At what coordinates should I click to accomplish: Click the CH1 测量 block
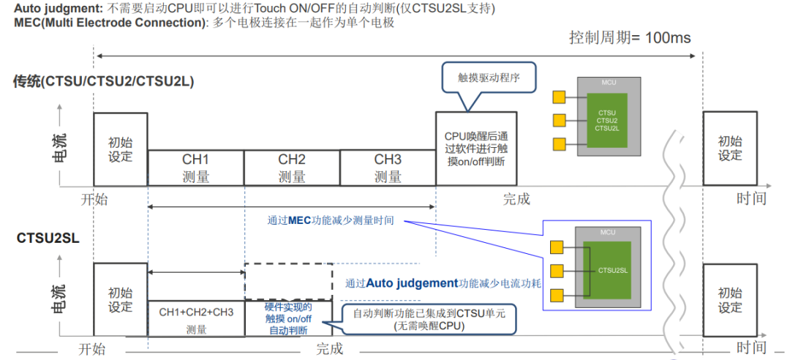(195, 168)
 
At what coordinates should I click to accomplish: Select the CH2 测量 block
(292, 168)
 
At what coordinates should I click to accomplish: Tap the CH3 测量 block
(388, 168)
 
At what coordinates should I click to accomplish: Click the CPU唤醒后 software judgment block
(476, 149)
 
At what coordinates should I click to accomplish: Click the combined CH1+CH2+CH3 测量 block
(196, 320)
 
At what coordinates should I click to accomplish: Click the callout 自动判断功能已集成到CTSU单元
(429, 319)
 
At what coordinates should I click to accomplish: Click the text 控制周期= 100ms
(630, 38)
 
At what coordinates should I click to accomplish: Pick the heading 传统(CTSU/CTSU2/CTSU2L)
(103, 81)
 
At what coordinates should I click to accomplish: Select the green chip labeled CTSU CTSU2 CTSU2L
(606, 120)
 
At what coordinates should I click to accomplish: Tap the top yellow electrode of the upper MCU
(560, 97)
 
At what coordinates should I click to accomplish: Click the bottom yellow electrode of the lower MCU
(557, 295)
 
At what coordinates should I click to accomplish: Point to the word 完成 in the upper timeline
(516, 198)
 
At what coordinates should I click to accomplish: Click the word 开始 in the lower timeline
(92, 349)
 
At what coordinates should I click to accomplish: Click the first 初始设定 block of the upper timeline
(120, 149)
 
